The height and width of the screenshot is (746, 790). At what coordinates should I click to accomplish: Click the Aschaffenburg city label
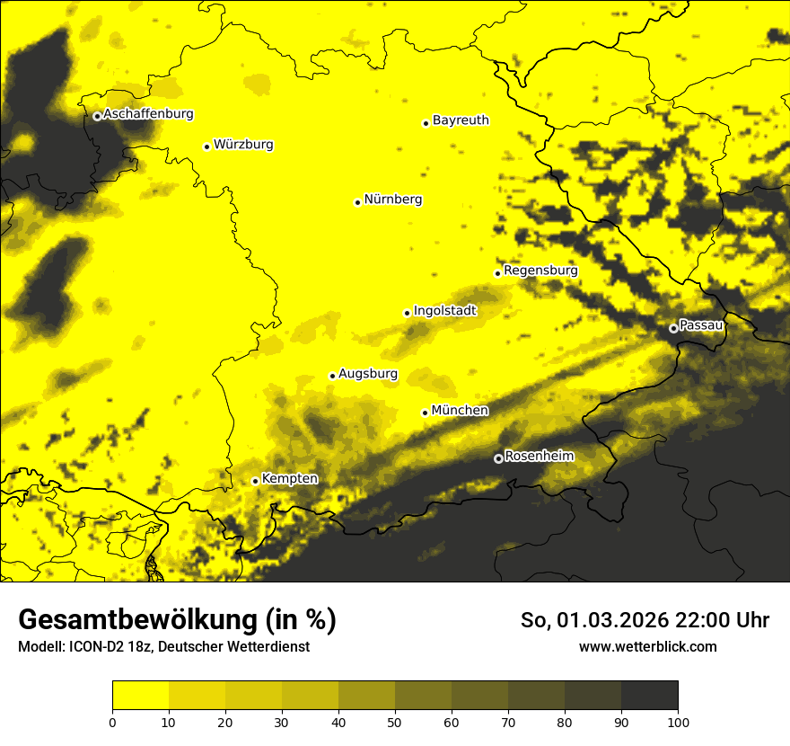pyautogui.click(x=148, y=114)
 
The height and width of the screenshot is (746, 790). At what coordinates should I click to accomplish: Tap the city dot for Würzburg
pyautogui.click(x=206, y=147)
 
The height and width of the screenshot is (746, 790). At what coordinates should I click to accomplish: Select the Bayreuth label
pyautogui.click(x=461, y=120)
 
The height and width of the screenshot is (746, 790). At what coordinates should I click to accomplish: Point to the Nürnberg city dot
pyautogui.click(x=357, y=202)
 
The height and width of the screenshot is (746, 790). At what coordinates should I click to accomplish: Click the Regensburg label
pyautogui.click(x=540, y=270)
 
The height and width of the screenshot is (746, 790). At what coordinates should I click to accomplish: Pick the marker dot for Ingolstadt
pyautogui.click(x=407, y=313)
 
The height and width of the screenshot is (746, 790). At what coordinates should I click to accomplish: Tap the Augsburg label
pyautogui.click(x=368, y=373)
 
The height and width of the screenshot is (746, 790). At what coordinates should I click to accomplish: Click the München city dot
pyautogui.click(x=426, y=413)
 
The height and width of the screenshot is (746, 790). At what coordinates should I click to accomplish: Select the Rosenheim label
pyautogui.click(x=539, y=456)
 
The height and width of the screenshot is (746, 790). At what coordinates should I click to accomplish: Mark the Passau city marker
pyautogui.click(x=673, y=328)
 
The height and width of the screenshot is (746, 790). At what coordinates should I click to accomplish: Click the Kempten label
pyautogui.click(x=289, y=478)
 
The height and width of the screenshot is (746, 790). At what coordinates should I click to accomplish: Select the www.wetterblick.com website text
pyautogui.click(x=647, y=646)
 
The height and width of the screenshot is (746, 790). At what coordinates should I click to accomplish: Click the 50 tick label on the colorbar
pyautogui.click(x=395, y=722)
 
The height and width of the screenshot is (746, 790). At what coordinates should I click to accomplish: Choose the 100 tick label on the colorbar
pyautogui.click(x=678, y=722)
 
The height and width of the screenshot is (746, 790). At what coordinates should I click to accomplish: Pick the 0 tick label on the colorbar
pyautogui.click(x=112, y=722)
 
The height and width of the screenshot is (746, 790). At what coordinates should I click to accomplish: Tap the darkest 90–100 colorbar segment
pyautogui.click(x=649, y=696)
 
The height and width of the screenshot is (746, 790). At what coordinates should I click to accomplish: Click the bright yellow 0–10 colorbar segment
pyautogui.click(x=140, y=696)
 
